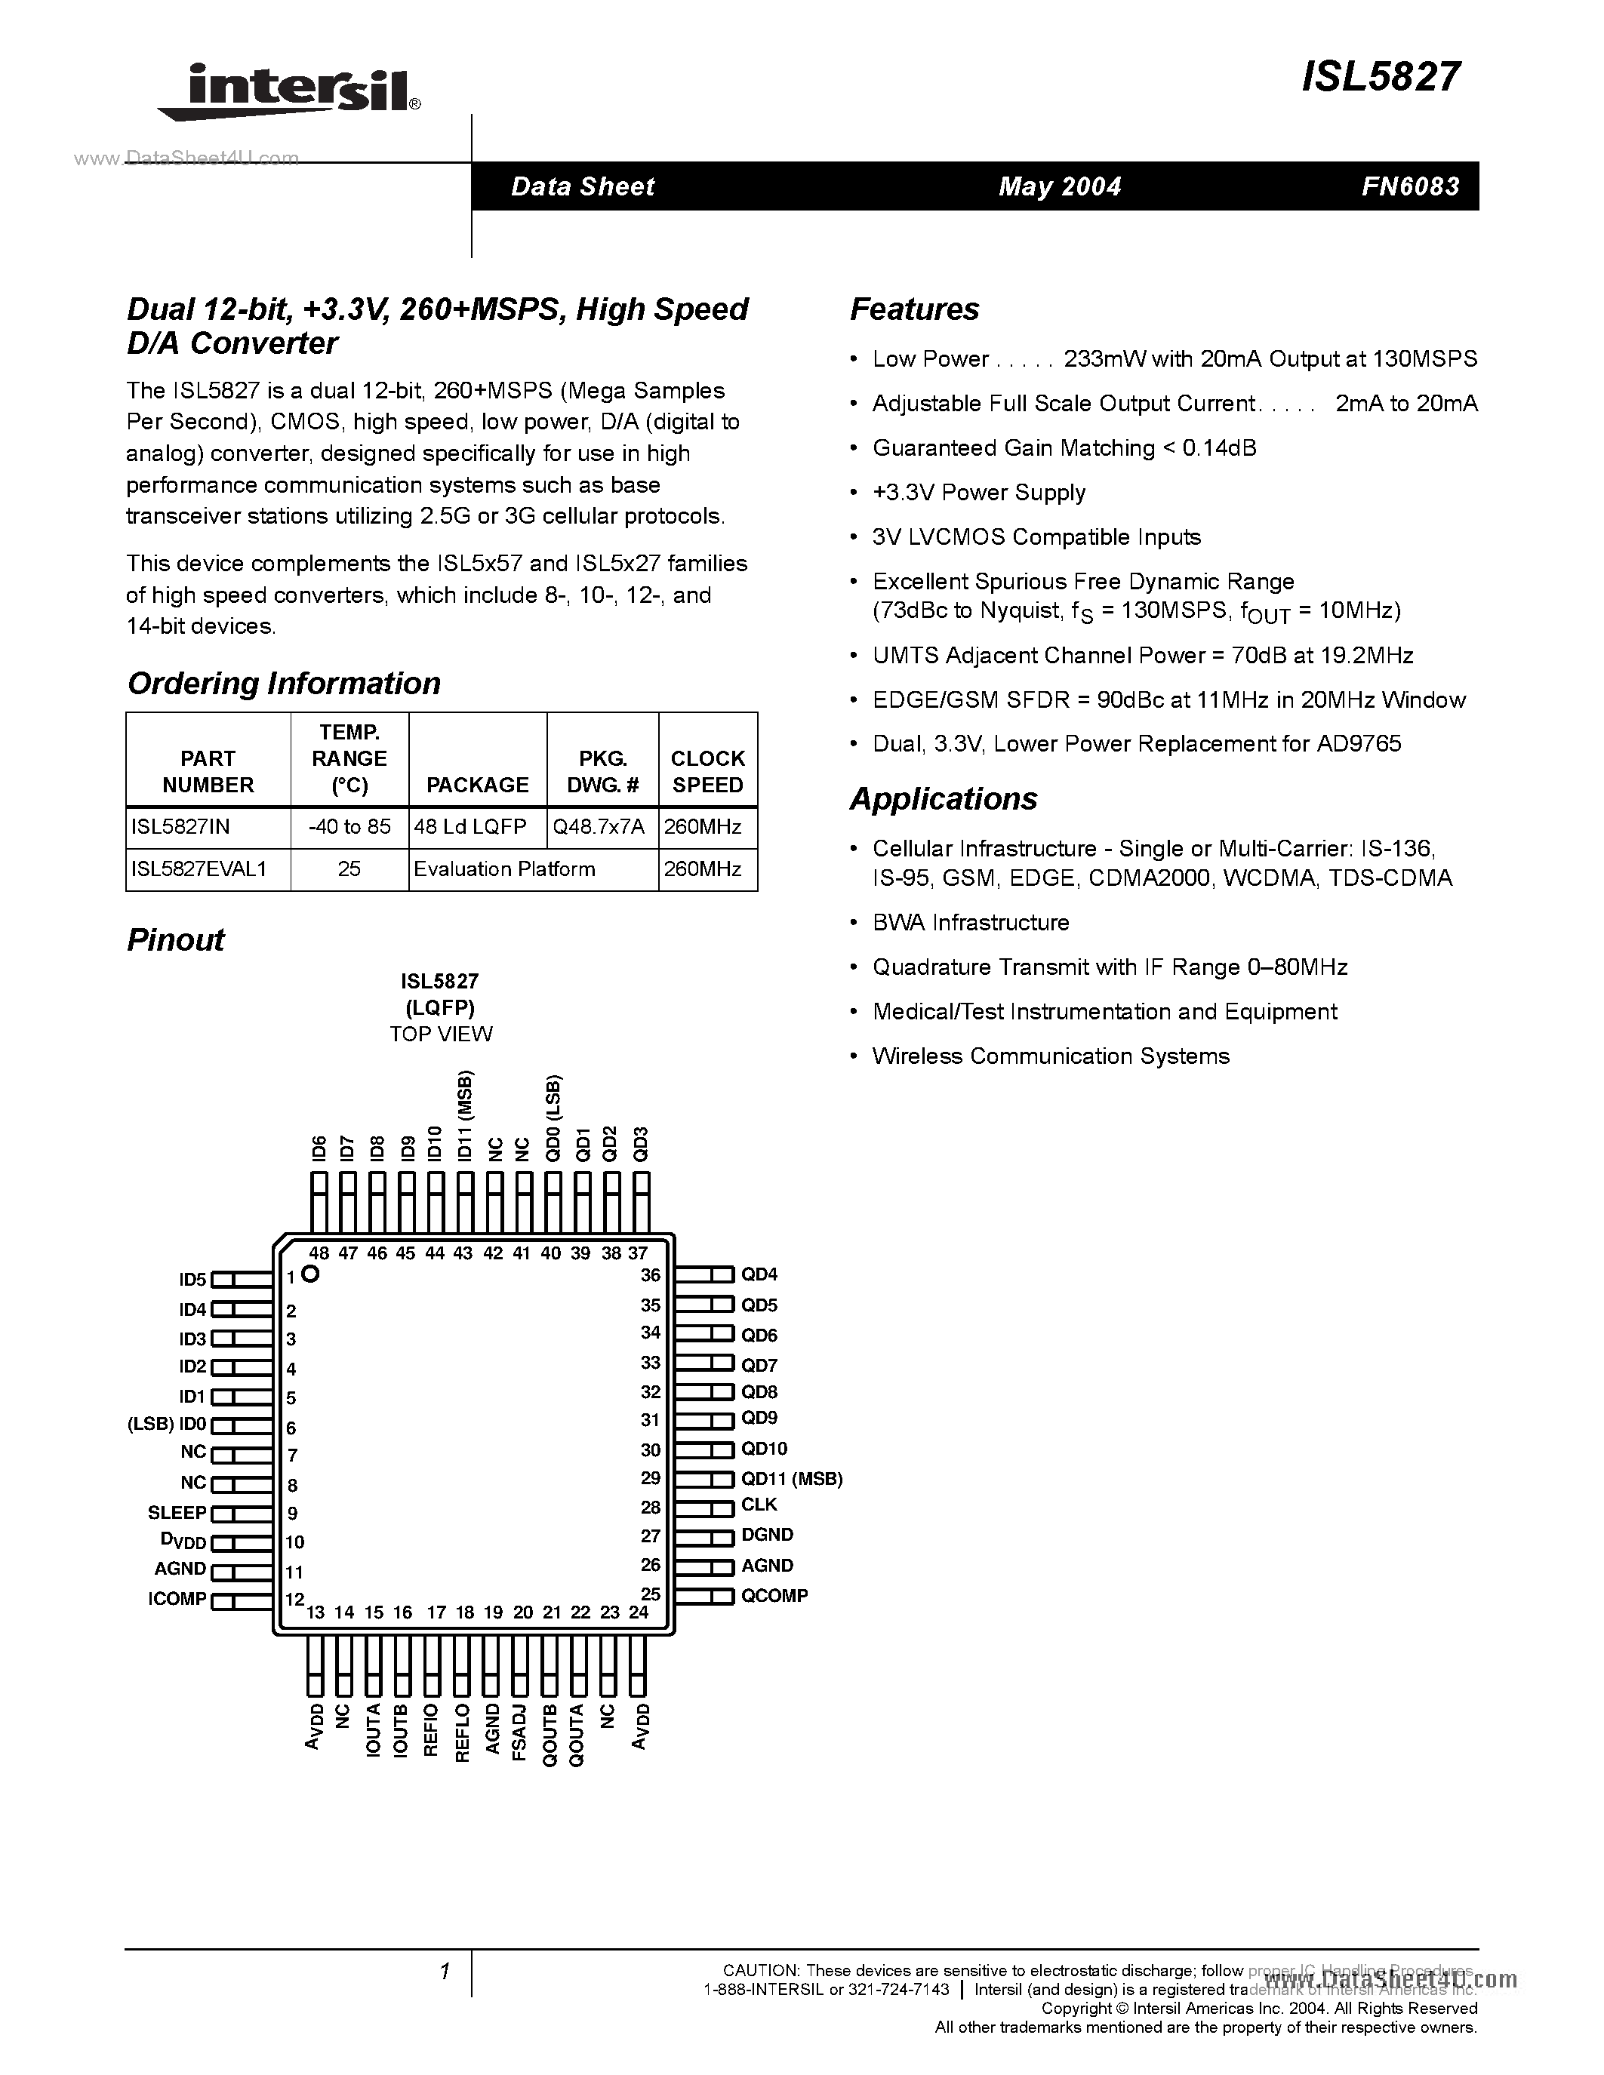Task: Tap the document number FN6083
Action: click(1410, 186)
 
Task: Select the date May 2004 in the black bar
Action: click(1060, 186)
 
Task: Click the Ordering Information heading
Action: click(283, 683)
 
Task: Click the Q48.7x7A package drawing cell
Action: click(599, 826)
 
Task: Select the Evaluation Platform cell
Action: click(504, 868)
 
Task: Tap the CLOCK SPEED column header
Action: click(707, 771)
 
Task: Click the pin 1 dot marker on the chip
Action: click(309, 1275)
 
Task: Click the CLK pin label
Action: click(759, 1504)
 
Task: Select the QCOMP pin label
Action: click(774, 1595)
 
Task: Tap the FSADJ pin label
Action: click(519, 1731)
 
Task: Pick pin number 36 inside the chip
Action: click(650, 1275)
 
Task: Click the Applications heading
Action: click(943, 799)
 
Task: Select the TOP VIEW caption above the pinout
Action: click(441, 1034)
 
